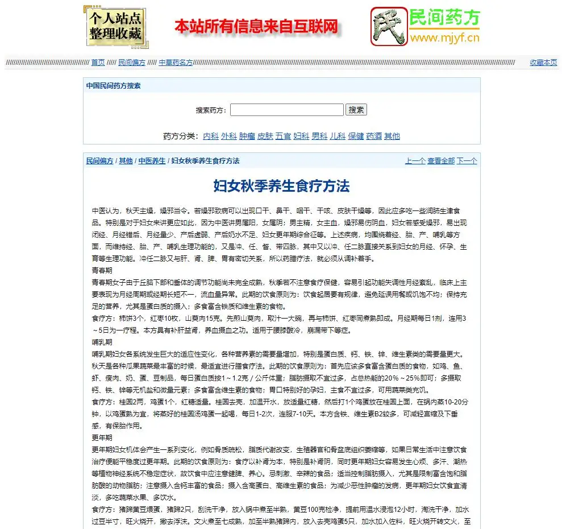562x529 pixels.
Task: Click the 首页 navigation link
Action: point(98,63)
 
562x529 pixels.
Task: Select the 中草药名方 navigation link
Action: point(176,63)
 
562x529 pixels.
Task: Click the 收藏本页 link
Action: point(543,63)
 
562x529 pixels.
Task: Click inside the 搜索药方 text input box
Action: point(286,110)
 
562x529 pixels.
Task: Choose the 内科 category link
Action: point(210,136)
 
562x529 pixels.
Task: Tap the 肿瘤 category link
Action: point(247,136)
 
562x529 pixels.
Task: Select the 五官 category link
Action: point(283,136)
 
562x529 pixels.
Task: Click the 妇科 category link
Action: point(301,136)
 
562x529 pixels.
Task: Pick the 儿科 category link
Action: point(338,136)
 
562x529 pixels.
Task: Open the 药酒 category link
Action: point(374,136)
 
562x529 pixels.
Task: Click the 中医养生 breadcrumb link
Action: point(152,161)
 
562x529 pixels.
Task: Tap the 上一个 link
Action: point(415,161)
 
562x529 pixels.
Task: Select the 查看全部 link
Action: point(441,161)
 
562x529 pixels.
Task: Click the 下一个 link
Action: point(467,161)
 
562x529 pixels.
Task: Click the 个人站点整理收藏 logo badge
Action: point(115,26)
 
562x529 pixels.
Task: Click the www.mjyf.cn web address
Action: point(445,39)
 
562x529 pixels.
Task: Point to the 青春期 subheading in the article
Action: point(102,270)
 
